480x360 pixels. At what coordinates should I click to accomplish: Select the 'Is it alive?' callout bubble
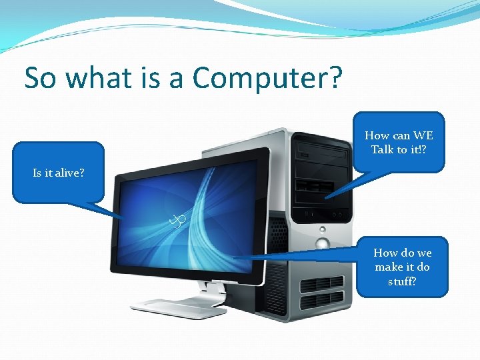point(59,173)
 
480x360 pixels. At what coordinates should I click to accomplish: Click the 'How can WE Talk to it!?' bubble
point(399,142)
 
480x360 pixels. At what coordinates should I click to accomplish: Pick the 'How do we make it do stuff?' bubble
point(402,267)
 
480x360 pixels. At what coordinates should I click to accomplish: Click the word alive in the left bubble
point(69,173)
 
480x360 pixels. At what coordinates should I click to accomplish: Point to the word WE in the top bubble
point(423,135)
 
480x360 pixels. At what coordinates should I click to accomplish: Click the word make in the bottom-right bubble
point(389,267)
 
